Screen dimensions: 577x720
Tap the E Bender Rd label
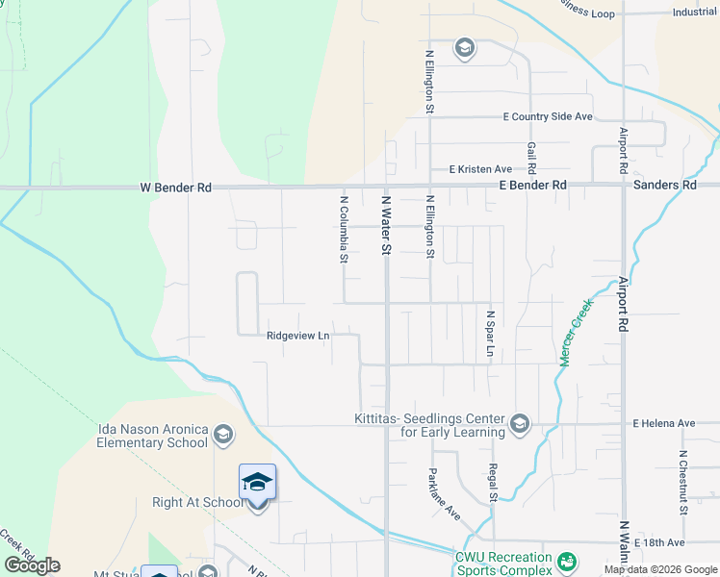tap(531, 185)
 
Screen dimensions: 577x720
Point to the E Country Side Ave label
tap(548, 116)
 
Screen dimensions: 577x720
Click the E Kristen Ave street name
tap(480, 169)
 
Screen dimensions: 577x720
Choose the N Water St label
tap(386, 224)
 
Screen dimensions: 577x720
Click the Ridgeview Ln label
tap(298, 336)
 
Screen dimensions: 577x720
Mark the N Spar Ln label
tap(489, 334)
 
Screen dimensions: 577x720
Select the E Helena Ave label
tap(663, 423)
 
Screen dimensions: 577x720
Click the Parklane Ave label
tap(444, 494)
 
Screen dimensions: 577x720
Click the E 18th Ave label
tap(665, 543)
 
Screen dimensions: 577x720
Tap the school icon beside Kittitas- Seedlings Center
tap(520, 424)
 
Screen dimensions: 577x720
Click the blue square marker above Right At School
tap(257, 481)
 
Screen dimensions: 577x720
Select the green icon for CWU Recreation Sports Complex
tap(567, 560)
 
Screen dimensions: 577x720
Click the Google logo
tap(32, 565)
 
